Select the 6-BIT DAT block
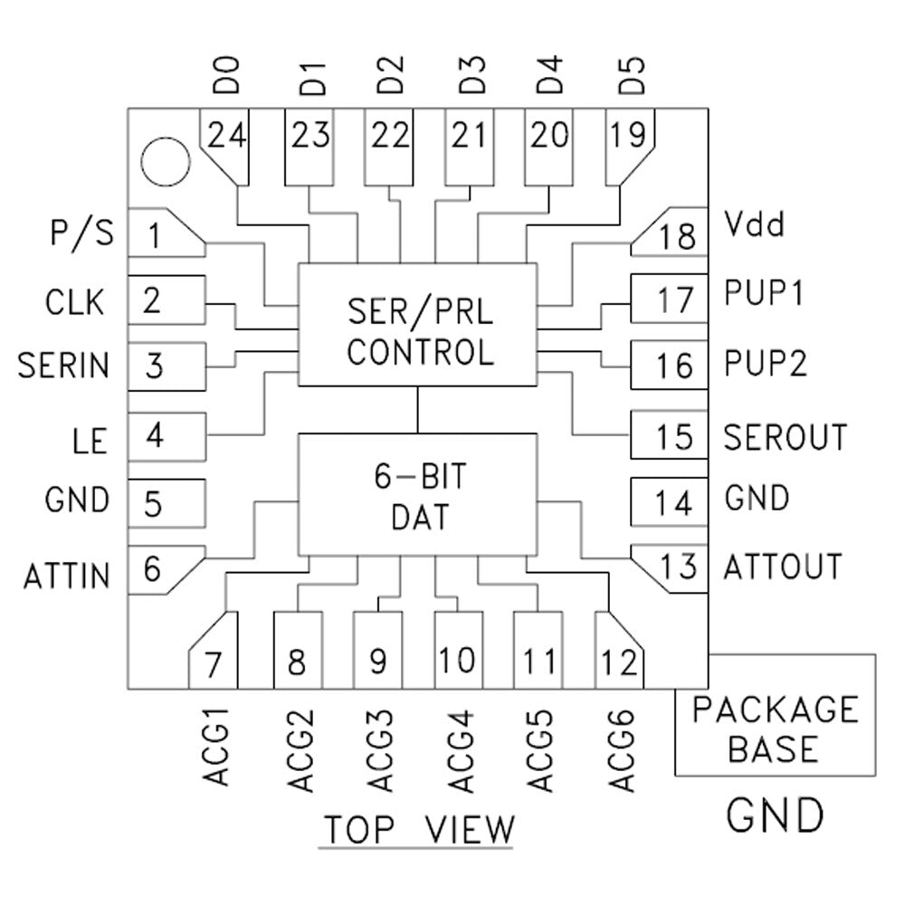420,494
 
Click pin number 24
226,137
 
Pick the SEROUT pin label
785,437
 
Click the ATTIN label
67,575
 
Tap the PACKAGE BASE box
775,729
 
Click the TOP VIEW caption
418,829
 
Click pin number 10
458,661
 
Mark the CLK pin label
75,300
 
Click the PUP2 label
766,364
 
